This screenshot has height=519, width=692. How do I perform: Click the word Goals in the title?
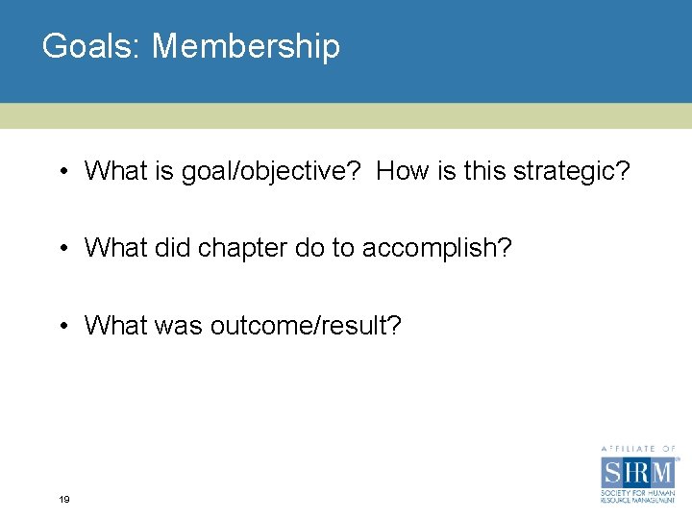point(90,46)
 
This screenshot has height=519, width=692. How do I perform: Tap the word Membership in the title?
point(246,46)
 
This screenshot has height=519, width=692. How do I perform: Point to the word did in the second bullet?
point(171,248)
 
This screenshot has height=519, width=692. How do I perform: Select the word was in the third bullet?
point(176,327)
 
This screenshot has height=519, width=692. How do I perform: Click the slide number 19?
point(63,500)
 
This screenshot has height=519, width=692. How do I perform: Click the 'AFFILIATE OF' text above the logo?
point(638,448)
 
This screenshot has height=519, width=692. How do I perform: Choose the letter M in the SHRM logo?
point(663,473)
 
